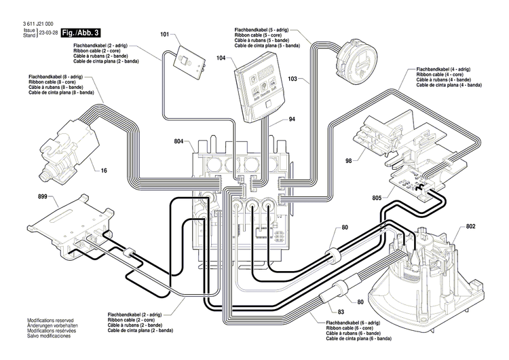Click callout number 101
tap(164, 34)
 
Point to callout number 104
tap(221, 59)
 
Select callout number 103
tap(293, 79)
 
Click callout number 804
tap(178, 141)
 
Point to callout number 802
tap(471, 226)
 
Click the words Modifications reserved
tap(50, 319)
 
